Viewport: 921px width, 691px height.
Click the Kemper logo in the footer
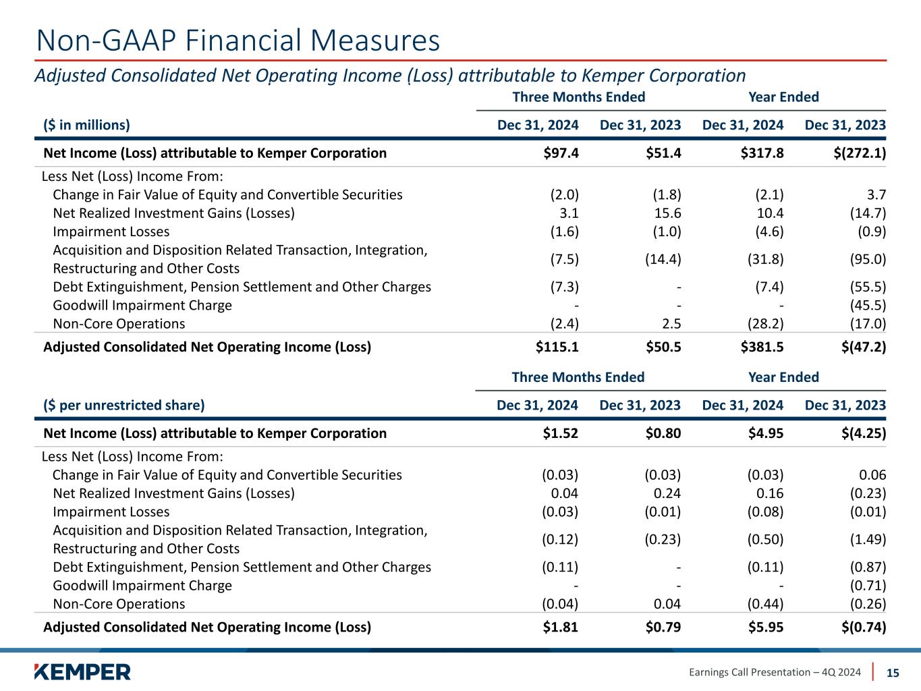coord(82,671)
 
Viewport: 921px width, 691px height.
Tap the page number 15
coord(893,672)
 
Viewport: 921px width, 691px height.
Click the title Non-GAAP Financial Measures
coord(238,40)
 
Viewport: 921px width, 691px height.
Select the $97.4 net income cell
coord(561,153)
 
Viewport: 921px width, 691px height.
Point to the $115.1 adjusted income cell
coord(557,347)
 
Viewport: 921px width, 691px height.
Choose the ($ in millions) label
coord(86,125)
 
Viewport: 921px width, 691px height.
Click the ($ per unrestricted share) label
coord(123,406)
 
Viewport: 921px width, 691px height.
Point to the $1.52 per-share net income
coord(561,433)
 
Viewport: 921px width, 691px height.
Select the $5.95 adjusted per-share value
coord(766,627)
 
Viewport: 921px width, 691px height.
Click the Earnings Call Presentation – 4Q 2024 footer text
coord(775,672)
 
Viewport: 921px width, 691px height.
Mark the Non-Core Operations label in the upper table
coord(119,324)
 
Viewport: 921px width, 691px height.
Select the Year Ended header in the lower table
coord(783,377)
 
